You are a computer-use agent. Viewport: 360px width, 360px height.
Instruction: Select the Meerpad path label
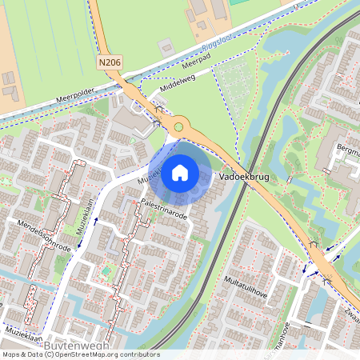coord(194,59)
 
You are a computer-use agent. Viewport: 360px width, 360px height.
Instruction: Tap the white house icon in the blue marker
coord(180,171)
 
